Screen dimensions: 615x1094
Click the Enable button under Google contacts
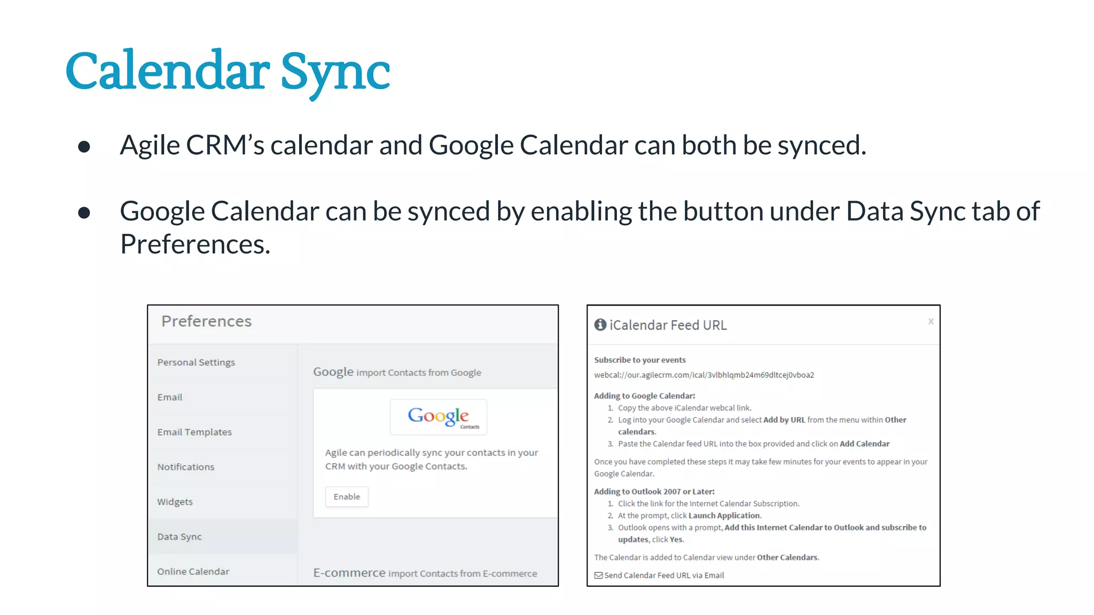347,496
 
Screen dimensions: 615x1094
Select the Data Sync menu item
179,537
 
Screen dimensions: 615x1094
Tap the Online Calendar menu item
193,571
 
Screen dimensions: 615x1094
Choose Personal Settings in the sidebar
196,362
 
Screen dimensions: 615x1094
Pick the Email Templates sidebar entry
194,432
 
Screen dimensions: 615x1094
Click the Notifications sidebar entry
185,467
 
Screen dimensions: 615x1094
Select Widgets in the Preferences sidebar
175,502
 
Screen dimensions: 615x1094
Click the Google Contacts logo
439,416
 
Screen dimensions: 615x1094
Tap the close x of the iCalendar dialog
931,321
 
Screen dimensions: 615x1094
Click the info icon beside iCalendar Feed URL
600,325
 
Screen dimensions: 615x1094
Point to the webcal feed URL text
704,375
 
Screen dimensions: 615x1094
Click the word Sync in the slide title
335,72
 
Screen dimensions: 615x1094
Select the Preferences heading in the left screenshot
206,321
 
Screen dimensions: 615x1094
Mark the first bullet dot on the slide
84,146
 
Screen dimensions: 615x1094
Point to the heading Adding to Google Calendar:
645,396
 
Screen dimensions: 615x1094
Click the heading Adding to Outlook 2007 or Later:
654,491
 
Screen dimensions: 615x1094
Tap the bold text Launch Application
724,515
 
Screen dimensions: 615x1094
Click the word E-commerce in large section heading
349,573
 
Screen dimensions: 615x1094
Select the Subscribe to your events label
640,360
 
